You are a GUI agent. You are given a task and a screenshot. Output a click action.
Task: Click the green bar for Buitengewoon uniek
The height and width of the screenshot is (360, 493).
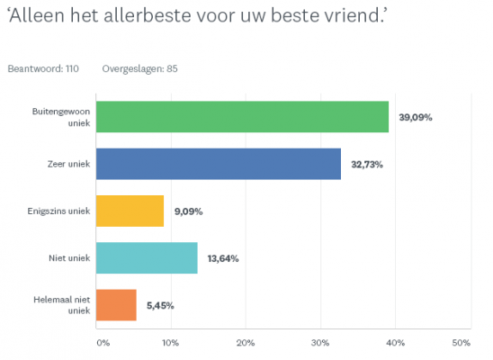[x=242, y=117]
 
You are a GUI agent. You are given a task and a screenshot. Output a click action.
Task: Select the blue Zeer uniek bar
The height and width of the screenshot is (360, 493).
[x=219, y=164]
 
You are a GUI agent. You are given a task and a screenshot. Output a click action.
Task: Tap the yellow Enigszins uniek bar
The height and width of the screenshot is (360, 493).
[x=130, y=211]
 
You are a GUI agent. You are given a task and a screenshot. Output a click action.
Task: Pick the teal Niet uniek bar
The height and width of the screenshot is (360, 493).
[x=147, y=258]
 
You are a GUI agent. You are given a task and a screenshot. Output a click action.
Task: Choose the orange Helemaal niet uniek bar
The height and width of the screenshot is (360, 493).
[x=116, y=305]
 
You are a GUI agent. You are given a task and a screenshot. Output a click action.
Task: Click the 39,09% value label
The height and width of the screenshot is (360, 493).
[x=414, y=117]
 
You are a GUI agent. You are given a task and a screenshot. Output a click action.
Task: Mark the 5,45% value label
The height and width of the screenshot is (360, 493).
[x=158, y=305]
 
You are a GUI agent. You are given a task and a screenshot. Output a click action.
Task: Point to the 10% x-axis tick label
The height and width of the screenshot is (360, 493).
[x=169, y=343]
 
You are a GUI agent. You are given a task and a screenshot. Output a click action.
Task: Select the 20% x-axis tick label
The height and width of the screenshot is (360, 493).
[x=245, y=343]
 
